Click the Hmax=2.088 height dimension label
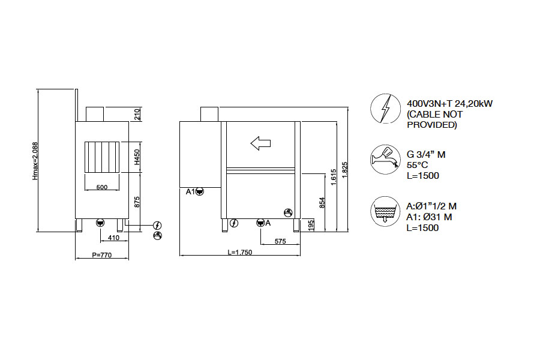pyautogui.click(x=35, y=161)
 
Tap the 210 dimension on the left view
pyautogui.click(x=137, y=114)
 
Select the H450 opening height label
pyautogui.click(x=137, y=157)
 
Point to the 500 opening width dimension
pyautogui.click(x=102, y=187)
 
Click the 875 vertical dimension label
pyautogui.click(x=137, y=202)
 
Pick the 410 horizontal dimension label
pyautogui.click(x=113, y=238)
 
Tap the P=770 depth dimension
pyautogui.click(x=102, y=255)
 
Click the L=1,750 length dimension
pyautogui.click(x=239, y=252)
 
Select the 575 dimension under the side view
pyautogui.click(x=280, y=241)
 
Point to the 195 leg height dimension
pyautogui.click(x=311, y=226)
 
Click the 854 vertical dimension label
pyautogui.click(x=322, y=203)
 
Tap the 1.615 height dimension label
pyautogui.click(x=334, y=177)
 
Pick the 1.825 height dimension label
pyautogui.click(x=345, y=170)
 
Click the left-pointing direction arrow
pyautogui.click(x=261, y=143)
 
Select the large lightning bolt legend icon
pyautogui.click(x=385, y=109)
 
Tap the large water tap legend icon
pyautogui.click(x=385, y=160)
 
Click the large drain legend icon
pyautogui.click(x=385, y=211)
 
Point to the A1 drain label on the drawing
pyautogui.click(x=190, y=191)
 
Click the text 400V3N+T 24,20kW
pyautogui.click(x=450, y=103)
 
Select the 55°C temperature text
pyautogui.click(x=417, y=165)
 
